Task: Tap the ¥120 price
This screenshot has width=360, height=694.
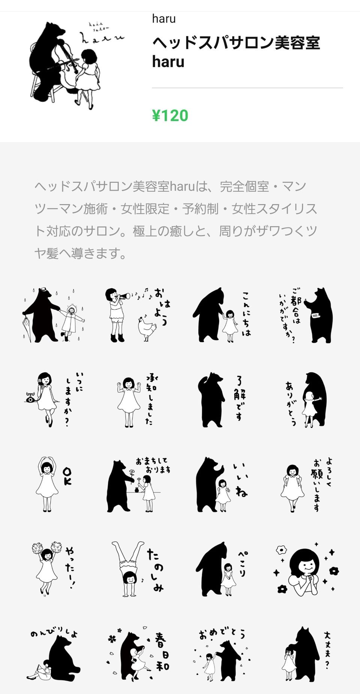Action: click(x=170, y=116)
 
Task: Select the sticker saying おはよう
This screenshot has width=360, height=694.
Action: click(x=136, y=315)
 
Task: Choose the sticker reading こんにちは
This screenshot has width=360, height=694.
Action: click(x=222, y=315)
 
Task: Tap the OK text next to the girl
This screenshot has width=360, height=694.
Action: click(x=67, y=476)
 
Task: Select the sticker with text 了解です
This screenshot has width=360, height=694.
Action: click(x=221, y=400)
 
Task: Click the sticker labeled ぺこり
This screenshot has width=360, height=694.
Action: click(x=222, y=568)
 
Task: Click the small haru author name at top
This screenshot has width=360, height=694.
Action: click(x=164, y=18)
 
